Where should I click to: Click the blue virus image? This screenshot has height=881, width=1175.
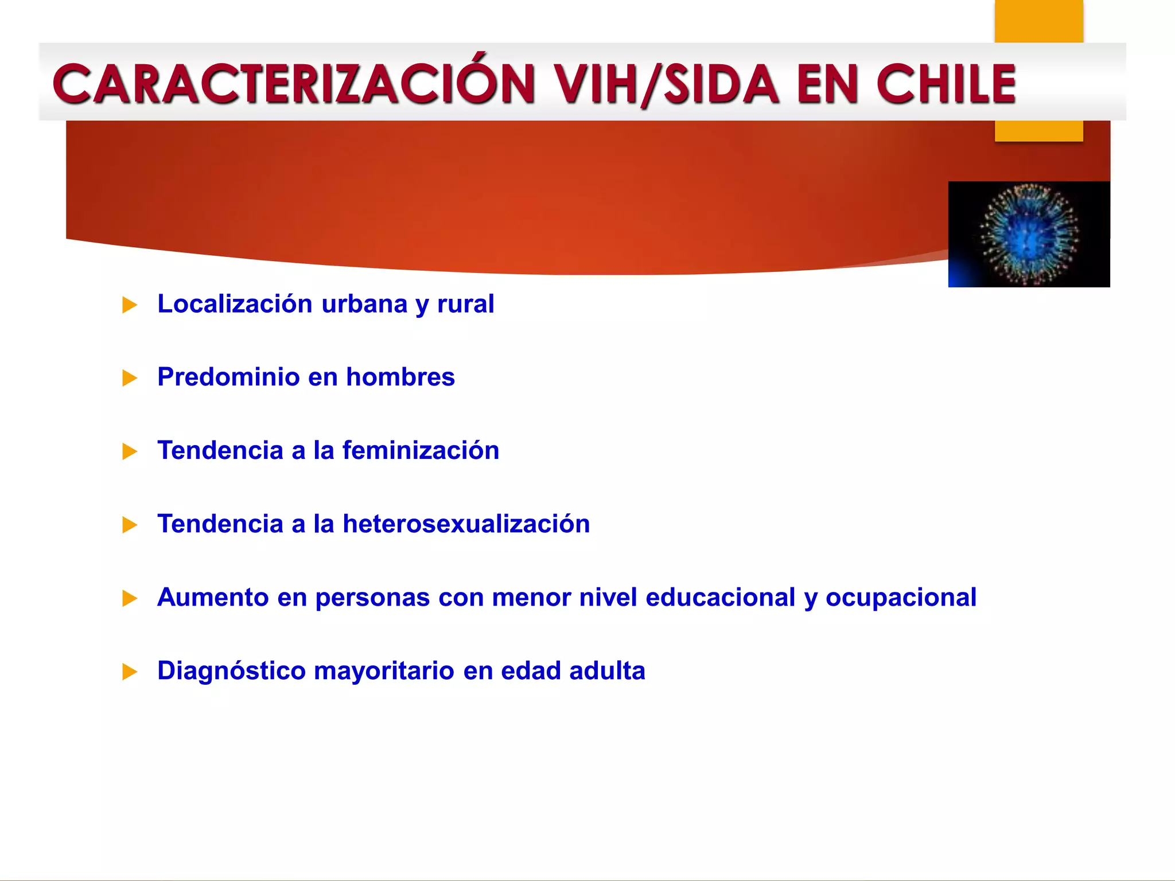pyautogui.click(x=1029, y=234)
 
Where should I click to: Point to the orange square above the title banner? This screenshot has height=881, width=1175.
pyautogui.click(x=1038, y=21)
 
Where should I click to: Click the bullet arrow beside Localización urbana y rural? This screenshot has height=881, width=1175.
pyautogui.click(x=130, y=305)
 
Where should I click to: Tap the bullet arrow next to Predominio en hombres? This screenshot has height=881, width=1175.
pyautogui.click(x=130, y=379)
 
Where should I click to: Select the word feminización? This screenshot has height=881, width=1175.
pyautogui.click(x=421, y=451)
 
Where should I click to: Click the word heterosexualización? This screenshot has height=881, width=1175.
pyautogui.click(x=466, y=524)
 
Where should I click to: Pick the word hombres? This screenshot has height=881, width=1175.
pyautogui.click(x=400, y=377)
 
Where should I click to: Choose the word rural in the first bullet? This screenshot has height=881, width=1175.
pyautogui.click(x=465, y=304)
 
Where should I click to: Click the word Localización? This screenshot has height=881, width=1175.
pyautogui.click(x=235, y=304)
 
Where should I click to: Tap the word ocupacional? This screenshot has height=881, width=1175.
pyautogui.click(x=901, y=598)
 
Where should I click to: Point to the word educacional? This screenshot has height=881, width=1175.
pyautogui.click(x=720, y=598)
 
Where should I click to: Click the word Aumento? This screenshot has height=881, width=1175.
pyautogui.click(x=213, y=598)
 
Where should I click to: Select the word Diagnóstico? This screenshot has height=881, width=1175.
pyautogui.click(x=231, y=671)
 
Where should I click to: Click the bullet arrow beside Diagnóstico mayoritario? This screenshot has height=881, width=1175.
pyautogui.click(x=130, y=672)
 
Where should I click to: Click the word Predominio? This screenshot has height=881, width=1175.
pyautogui.click(x=228, y=377)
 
